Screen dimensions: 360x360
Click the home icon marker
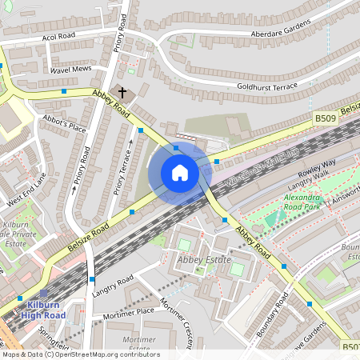point(180,173)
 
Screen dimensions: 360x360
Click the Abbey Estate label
point(203,260)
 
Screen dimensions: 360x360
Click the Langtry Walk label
point(302,186)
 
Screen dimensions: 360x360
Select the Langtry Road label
point(114,282)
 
